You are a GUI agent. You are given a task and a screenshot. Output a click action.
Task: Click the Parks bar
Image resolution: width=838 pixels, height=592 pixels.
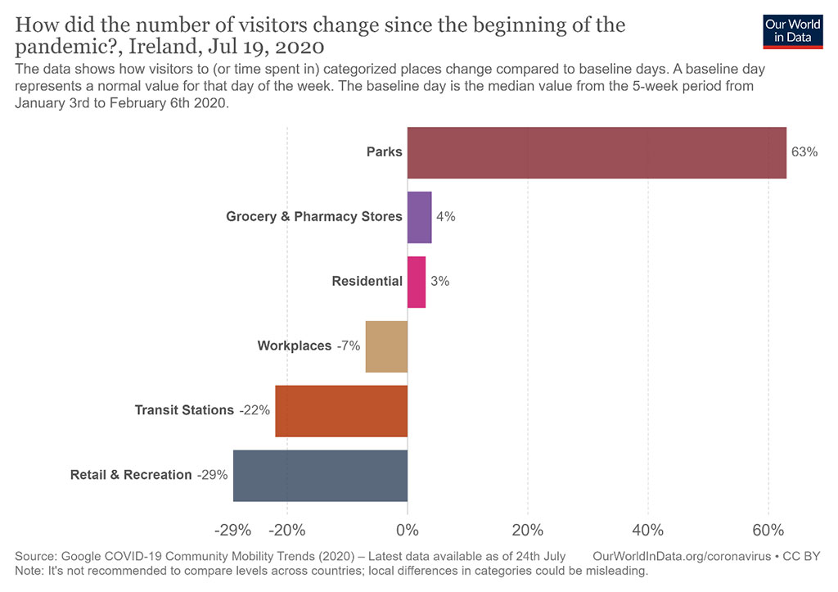tap(597, 152)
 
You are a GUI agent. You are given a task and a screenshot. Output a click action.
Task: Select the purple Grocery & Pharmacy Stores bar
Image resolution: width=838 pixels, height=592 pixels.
tap(419, 217)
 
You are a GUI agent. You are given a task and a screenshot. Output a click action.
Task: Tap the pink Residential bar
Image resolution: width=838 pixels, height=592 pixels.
tap(417, 282)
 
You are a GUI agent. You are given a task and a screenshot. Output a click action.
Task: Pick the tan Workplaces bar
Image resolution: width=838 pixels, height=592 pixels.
tap(386, 346)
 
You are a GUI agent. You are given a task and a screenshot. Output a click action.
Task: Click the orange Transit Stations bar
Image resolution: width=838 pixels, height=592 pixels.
tap(341, 410)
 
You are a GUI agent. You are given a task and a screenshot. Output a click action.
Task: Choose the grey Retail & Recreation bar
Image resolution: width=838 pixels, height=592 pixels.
tap(320, 475)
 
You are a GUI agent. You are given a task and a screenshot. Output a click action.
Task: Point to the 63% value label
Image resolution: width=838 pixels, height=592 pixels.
tap(804, 152)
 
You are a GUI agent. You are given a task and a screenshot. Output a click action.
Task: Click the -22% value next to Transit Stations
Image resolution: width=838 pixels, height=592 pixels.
tap(255, 410)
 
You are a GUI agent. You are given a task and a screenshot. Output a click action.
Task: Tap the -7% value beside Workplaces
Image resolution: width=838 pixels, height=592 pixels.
tap(348, 346)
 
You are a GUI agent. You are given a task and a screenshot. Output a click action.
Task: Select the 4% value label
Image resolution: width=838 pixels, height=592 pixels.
tap(446, 217)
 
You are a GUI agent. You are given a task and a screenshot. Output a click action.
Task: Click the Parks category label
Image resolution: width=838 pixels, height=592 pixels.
tap(384, 152)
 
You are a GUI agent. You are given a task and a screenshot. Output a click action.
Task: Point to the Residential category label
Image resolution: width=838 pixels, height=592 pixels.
tap(367, 282)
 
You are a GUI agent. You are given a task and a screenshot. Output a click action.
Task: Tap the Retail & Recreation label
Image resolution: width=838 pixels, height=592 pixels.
tap(131, 475)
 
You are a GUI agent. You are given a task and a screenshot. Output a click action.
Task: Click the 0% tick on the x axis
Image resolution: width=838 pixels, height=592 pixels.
tap(408, 527)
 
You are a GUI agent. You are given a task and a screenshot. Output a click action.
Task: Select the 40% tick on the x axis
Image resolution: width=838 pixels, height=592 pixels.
tap(648, 527)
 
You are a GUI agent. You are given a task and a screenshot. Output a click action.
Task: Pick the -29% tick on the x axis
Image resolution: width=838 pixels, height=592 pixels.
tap(231, 527)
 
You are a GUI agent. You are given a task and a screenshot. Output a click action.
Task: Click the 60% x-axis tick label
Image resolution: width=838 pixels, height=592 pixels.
tap(768, 527)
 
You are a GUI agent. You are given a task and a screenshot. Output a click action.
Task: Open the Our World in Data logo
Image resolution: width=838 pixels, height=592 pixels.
tap(792, 30)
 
